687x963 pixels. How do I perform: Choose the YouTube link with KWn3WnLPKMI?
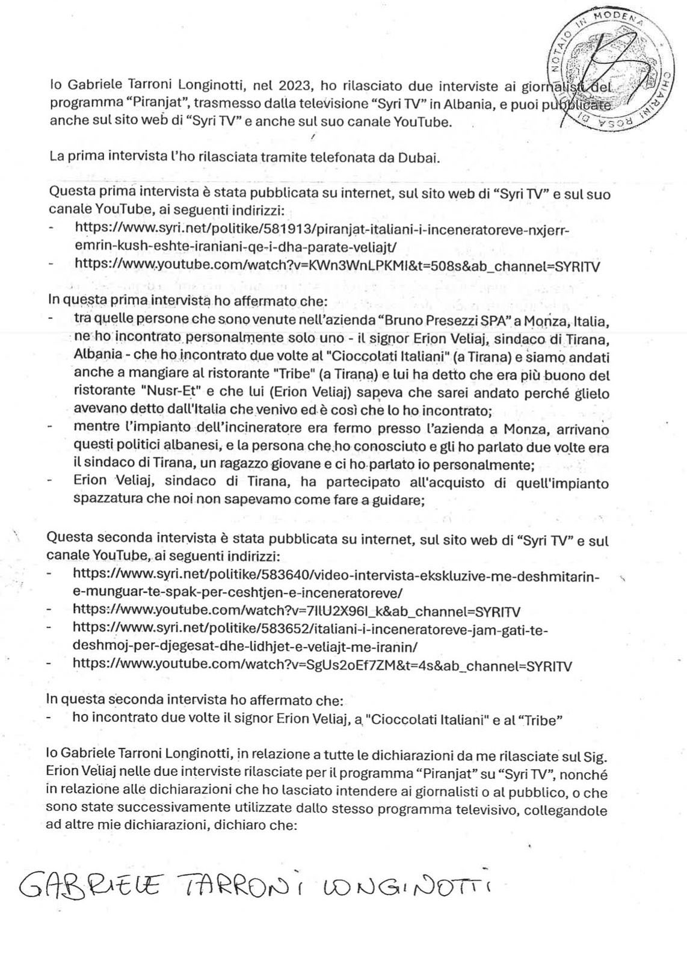pyautogui.click(x=337, y=265)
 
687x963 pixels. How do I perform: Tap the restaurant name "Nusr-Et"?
pyautogui.click(x=147, y=394)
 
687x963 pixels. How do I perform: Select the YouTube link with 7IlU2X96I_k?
pyautogui.click(x=296, y=612)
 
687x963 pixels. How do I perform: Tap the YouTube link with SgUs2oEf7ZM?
pyautogui.click(x=322, y=665)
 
